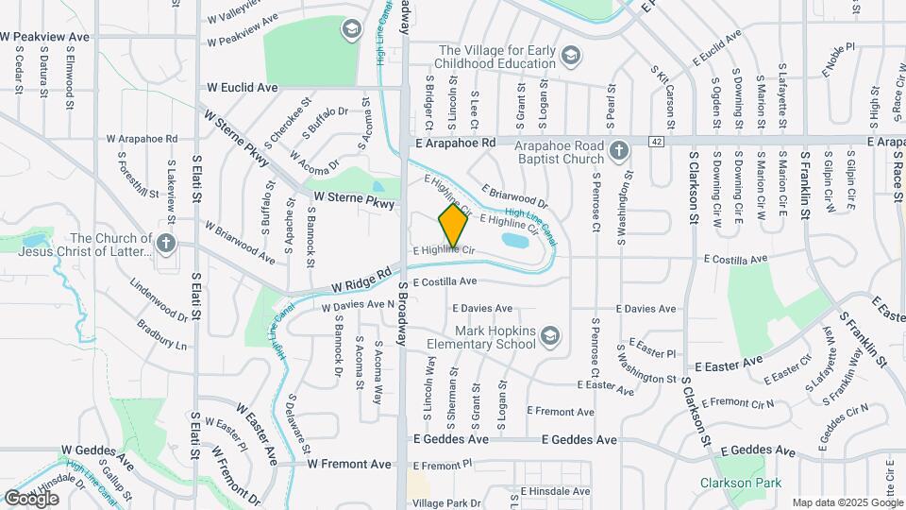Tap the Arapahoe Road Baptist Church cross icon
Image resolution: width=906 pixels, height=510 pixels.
pos(618,151)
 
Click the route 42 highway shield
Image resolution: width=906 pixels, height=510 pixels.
pos(656,141)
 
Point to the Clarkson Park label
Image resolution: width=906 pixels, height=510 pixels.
pos(741,483)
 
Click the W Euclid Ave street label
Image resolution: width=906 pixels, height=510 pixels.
pos(243,87)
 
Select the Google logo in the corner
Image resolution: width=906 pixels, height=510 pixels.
pos(32,497)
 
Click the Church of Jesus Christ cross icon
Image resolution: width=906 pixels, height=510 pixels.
pos(166,244)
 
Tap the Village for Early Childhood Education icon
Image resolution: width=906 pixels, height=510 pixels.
pos(570,57)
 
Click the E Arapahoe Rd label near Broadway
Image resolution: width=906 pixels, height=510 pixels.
pos(455,142)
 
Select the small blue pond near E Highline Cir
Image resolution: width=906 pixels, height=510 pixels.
pos(515,240)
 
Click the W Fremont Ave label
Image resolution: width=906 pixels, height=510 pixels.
pos(348,464)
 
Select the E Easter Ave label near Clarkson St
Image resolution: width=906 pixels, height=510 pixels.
pos(728,363)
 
